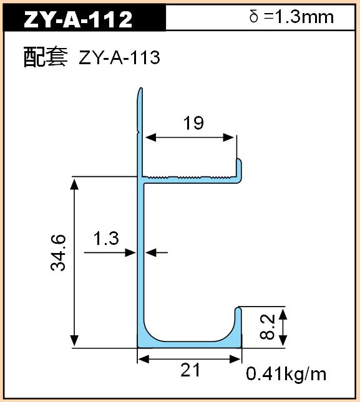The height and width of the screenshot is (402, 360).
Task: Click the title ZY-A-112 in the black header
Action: (x=78, y=19)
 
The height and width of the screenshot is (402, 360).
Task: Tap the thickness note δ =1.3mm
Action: (x=291, y=17)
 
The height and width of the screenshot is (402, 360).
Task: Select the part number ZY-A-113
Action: (x=120, y=57)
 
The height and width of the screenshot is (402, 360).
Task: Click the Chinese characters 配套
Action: (x=46, y=57)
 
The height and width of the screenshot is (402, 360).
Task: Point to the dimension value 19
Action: (x=193, y=123)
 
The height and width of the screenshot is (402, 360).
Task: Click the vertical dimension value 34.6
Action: (x=58, y=253)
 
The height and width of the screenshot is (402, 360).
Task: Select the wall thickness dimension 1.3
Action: (x=106, y=238)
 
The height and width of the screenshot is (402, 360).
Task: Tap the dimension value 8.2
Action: (x=267, y=327)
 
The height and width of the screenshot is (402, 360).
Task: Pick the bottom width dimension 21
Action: (x=190, y=370)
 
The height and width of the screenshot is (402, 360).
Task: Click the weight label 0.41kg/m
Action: (x=286, y=375)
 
